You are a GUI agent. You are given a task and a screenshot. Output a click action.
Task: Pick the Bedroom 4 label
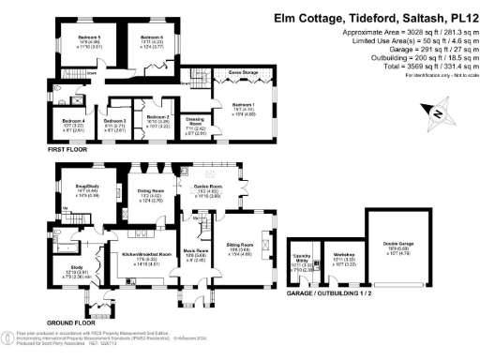pyautogui.click(x=73, y=121)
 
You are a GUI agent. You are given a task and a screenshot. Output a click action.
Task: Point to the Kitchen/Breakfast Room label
pyautogui.click(x=138, y=254)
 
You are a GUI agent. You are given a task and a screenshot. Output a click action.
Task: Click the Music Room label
pyautogui.click(x=193, y=250)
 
